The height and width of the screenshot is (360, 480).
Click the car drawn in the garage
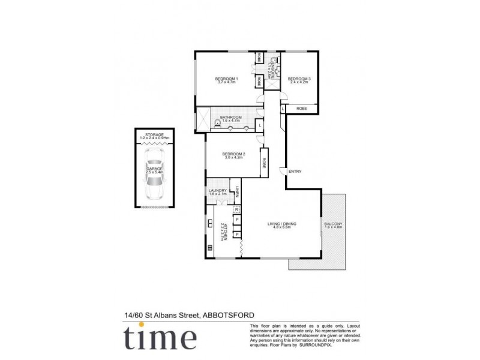pyautogui.click(x=155, y=178)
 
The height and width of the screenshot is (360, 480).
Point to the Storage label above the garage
pyautogui.click(x=155, y=135)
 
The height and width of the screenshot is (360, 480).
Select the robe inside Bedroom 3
pyautogui.click(x=302, y=109)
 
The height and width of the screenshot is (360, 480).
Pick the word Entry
pyautogui.click(x=295, y=172)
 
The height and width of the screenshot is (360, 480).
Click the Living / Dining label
pyautogui.click(x=282, y=224)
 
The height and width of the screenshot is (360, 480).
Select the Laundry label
pyautogui.click(x=218, y=191)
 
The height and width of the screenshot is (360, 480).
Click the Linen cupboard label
pyautogui.click(x=238, y=191)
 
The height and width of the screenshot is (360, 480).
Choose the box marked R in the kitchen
pyautogui.click(x=237, y=209)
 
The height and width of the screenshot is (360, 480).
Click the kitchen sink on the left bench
pyautogui.click(x=209, y=224)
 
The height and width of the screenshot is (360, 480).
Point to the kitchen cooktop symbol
pyautogui.click(x=209, y=247)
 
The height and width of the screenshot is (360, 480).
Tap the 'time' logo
pyautogui.click(x=160, y=337)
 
